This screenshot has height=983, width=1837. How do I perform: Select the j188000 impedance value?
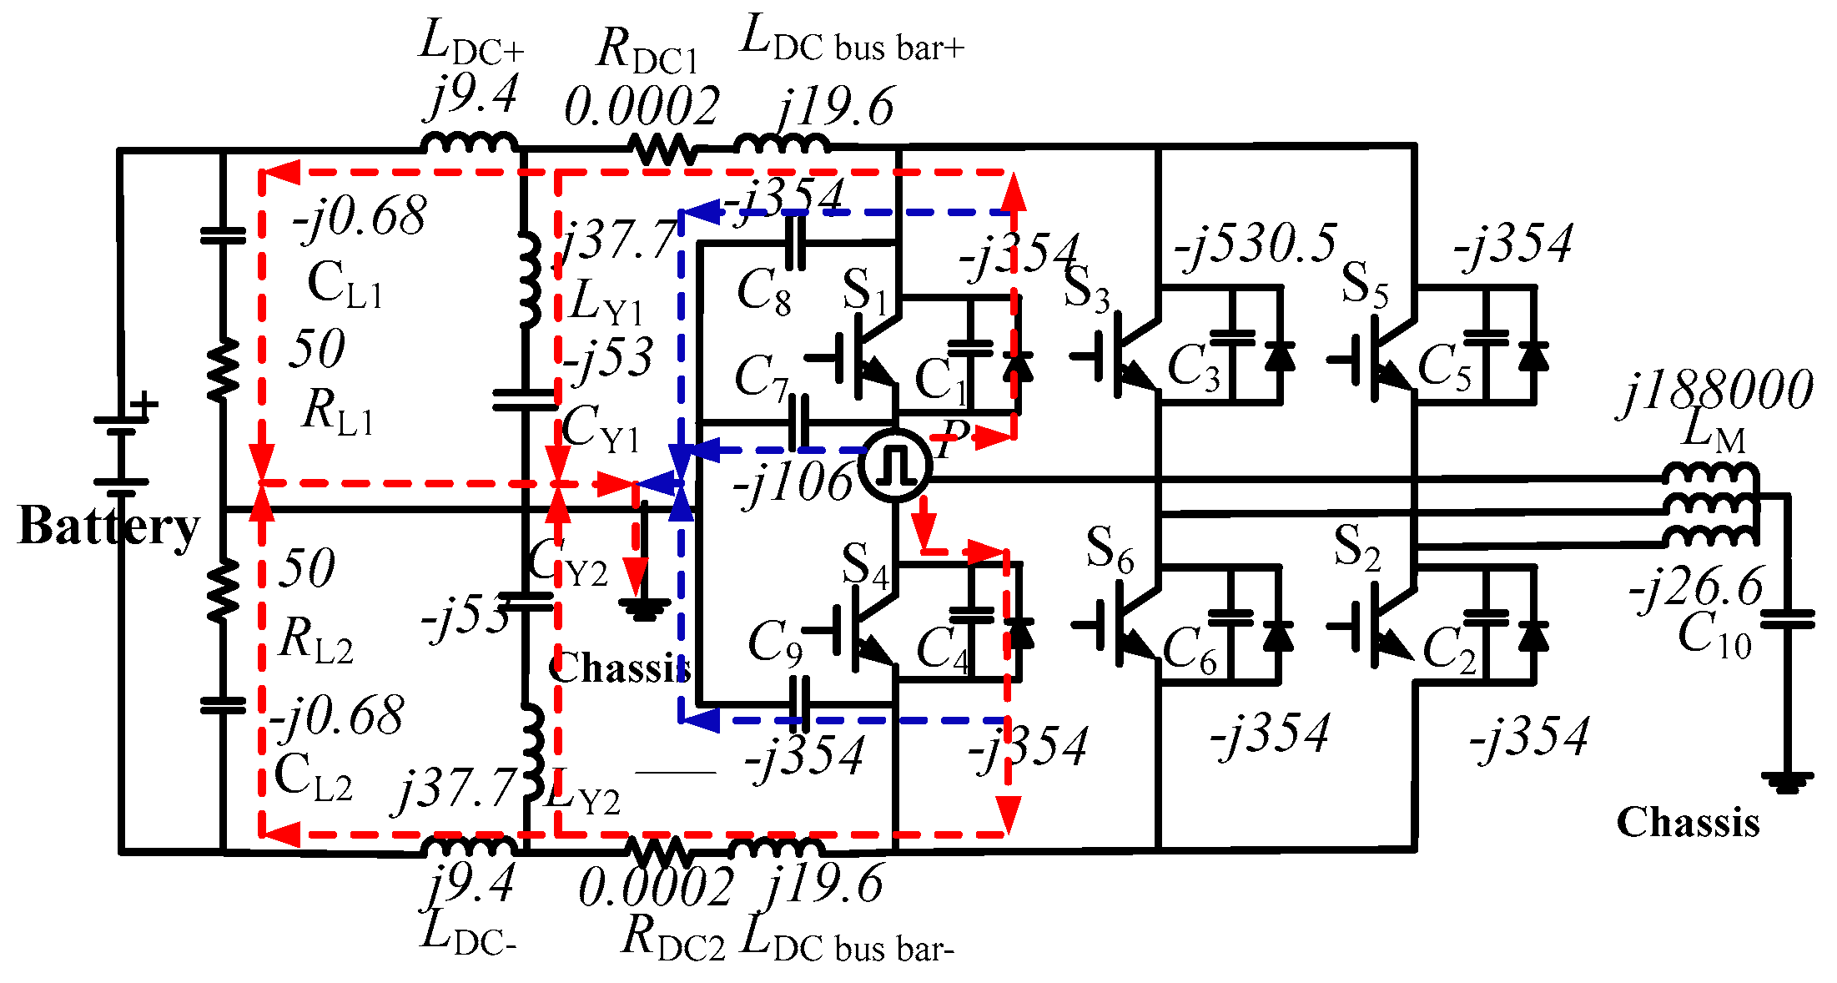1717,391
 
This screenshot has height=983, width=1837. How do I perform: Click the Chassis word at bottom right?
1688,823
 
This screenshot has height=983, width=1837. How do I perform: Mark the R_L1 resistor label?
337,412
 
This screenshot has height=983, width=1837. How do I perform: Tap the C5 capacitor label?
1444,368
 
